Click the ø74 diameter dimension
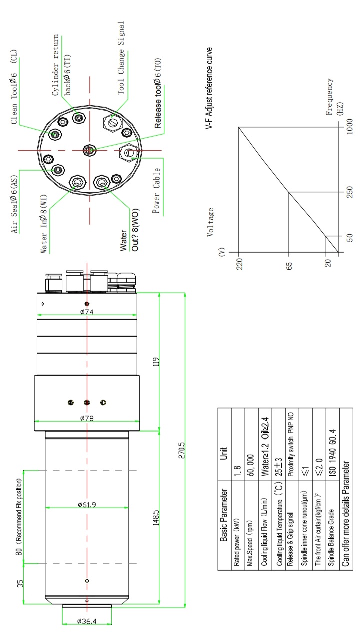coord(87,312)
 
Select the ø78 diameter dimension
coord(87,418)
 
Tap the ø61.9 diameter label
coord(87,505)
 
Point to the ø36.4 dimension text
coord(87,622)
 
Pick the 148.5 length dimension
coord(156,518)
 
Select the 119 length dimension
coord(156,361)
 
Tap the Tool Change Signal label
coord(121,58)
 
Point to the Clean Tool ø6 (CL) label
coord(14,88)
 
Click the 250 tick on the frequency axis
coord(349,192)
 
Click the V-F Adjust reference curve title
coord(210,89)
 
